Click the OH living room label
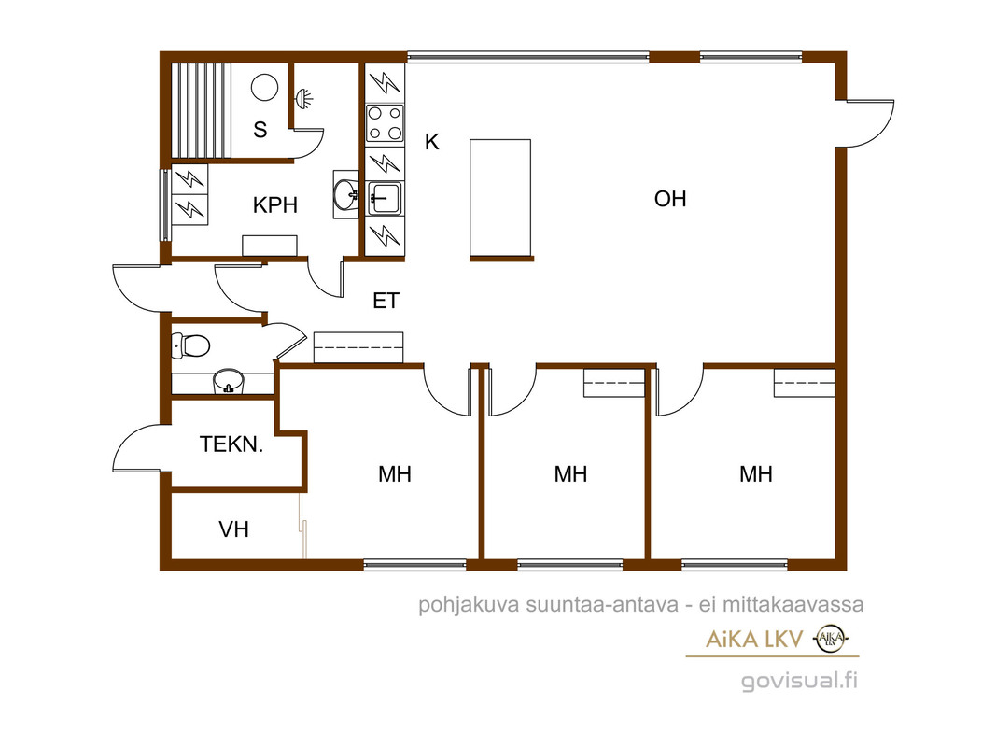pyautogui.click(x=670, y=199)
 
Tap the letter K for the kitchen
pyautogui.click(x=432, y=142)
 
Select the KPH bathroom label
pyautogui.click(x=275, y=205)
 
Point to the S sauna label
pyautogui.click(x=260, y=130)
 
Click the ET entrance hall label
pyautogui.click(x=386, y=301)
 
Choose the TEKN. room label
pyautogui.click(x=231, y=444)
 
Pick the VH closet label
pyautogui.click(x=233, y=529)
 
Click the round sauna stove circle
pyautogui.click(x=264, y=88)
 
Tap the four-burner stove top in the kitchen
pyautogui.click(x=385, y=122)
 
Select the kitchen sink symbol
pyautogui.click(x=385, y=199)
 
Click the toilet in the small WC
pyautogui.click(x=190, y=345)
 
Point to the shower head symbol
pyautogui.click(x=304, y=99)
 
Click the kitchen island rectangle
pyautogui.click(x=500, y=198)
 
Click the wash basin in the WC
pyautogui.click(x=228, y=382)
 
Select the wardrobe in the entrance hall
pyautogui.click(x=358, y=347)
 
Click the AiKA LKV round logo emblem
pyautogui.click(x=831, y=639)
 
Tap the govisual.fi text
pyautogui.click(x=799, y=681)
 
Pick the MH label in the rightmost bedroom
pyautogui.click(x=756, y=473)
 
